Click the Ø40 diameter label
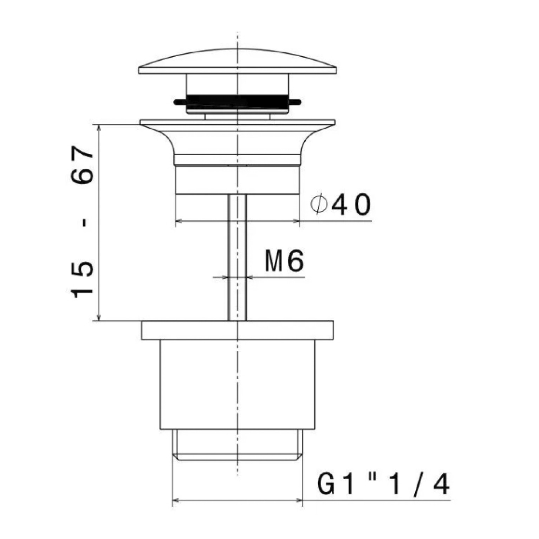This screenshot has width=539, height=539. tap(340, 204)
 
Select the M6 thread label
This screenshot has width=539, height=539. tap(284, 261)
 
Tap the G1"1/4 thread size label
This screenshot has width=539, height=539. tap(383, 485)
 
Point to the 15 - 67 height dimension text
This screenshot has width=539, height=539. tap(83, 222)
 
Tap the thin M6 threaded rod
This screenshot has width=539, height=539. tap(238, 257)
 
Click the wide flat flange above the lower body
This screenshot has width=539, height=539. tap(238, 330)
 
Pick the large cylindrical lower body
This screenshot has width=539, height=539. tap(238, 385)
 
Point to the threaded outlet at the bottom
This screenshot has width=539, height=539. tap(238, 445)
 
